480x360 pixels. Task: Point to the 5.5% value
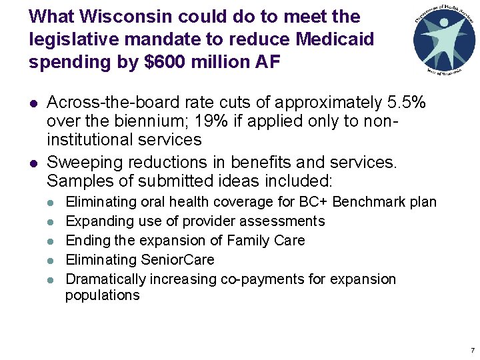pyautogui.click(x=407, y=103)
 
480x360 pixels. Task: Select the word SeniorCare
pyautogui.click(x=179, y=259)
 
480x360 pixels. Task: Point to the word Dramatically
pyautogui.click(x=106, y=279)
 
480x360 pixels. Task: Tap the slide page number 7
pyautogui.click(x=472, y=350)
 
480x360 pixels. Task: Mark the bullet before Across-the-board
pyautogui.click(x=33, y=104)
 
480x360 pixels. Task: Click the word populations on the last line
pyautogui.click(x=103, y=295)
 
